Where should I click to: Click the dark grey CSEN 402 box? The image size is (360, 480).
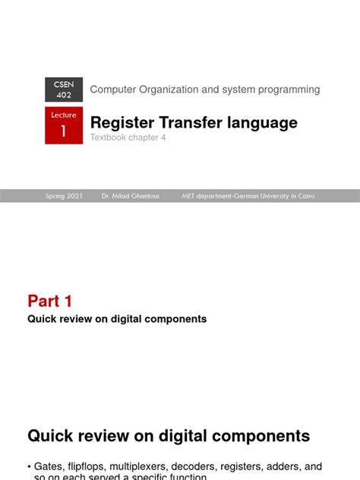tap(64, 90)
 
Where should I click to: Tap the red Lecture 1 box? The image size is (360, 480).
tap(64, 125)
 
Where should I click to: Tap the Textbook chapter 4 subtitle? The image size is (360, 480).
tap(128, 137)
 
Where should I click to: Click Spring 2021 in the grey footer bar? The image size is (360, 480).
tap(64, 196)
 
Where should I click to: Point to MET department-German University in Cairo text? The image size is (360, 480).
tap(248, 196)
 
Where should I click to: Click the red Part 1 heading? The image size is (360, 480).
tap(50, 301)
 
